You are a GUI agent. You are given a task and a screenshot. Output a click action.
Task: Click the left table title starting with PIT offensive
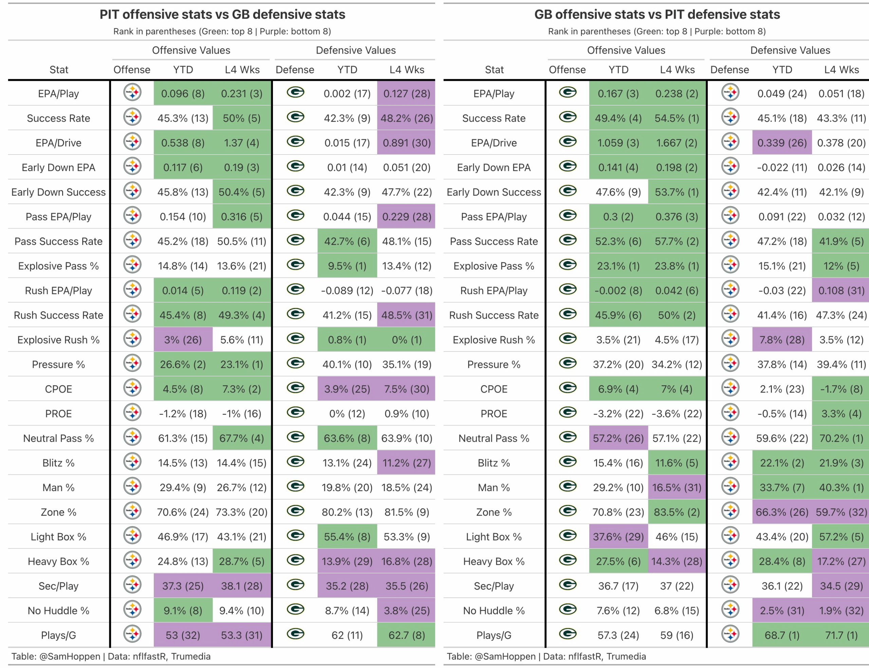[x=222, y=15]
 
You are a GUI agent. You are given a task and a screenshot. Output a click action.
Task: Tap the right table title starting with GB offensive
[x=657, y=15]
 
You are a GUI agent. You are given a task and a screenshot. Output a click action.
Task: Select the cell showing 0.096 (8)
[x=183, y=94]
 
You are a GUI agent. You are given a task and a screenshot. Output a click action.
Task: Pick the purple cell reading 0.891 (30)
[x=406, y=143]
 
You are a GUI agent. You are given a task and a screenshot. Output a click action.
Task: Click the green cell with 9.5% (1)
[x=347, y=266]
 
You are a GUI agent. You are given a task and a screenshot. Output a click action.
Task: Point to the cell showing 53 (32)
[x=183, y=635]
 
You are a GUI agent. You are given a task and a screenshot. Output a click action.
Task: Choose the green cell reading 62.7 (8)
[x=406, y=635]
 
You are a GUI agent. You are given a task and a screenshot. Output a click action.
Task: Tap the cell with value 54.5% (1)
[x=677, y=118]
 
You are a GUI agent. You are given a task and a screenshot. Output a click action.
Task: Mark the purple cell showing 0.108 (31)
[x=841, y=290]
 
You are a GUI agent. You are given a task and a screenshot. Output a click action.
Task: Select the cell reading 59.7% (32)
[x=841, y=512]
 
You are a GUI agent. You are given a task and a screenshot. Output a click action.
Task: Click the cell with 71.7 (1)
[x=841, y=635]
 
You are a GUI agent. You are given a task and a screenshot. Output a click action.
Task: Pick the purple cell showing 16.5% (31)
[x=677, y=487]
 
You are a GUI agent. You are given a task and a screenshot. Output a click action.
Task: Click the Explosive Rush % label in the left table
[x=58, y=340]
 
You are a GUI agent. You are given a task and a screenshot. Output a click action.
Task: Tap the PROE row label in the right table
[x=494, y=414]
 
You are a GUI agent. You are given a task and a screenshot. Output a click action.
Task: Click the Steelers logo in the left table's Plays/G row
[x=132, y=634]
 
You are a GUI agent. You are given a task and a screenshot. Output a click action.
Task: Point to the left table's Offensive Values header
[x=191, y=51]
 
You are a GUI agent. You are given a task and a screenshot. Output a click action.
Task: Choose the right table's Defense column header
[x=729, y=70]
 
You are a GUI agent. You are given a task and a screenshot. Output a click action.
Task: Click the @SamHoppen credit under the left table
[x=70, y=656]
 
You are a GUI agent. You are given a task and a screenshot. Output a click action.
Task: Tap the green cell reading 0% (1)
[x=406, y=340]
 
